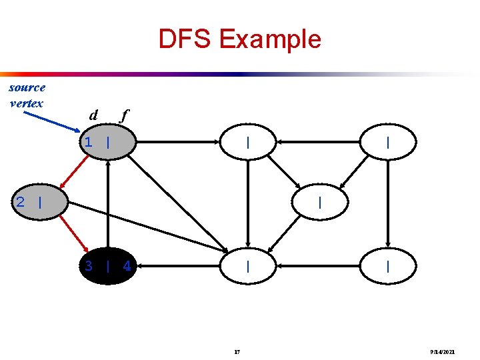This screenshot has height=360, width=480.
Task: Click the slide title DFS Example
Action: [239, 39]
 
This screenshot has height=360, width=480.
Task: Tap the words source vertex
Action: [27, 95]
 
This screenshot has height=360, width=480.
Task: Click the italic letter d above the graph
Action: [93, 115]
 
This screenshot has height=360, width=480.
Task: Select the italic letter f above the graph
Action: [123, 115]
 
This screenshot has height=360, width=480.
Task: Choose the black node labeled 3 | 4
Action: [107, 266]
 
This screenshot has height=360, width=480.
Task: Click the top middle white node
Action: [247, 142]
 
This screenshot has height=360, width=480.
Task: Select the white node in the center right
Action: [320, 202]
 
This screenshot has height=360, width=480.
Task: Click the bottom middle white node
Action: [247, 266]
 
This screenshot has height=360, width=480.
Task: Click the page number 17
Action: [237, 351]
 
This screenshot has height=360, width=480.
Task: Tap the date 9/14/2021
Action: [443, 351]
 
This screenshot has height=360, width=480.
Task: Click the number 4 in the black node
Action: [127, 267]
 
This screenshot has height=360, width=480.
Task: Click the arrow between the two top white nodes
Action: [318, 142]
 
